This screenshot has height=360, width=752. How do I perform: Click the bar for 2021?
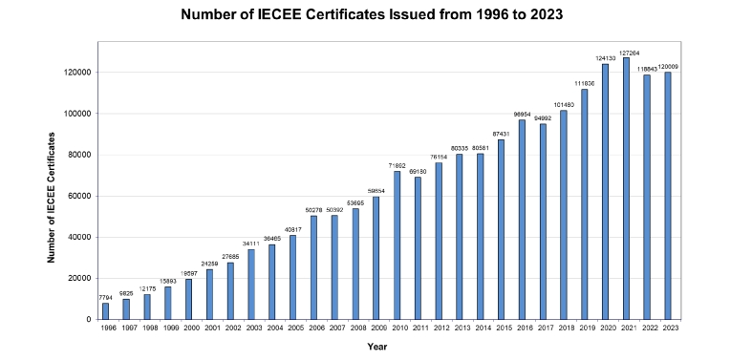626,188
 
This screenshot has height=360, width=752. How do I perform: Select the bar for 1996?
105,311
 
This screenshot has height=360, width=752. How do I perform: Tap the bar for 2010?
397,245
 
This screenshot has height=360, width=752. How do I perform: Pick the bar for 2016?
522,220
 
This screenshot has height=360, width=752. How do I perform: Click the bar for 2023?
668,196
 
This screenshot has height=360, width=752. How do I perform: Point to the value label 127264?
626,53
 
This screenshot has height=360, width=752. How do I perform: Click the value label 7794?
105,298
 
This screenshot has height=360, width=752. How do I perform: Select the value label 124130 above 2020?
605,59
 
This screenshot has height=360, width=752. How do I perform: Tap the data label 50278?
313,210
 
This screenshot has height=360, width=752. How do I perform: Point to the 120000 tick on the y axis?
77,73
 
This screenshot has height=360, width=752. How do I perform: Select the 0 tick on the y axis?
89,320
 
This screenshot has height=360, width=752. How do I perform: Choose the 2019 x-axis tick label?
585,328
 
